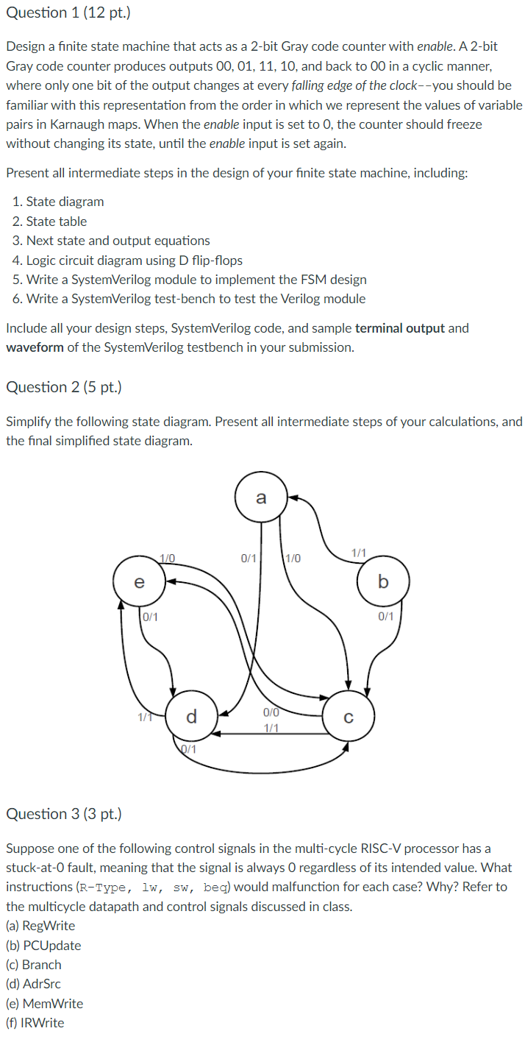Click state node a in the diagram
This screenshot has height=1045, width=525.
tap(261, 498)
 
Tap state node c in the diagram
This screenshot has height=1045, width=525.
tap(349, 714)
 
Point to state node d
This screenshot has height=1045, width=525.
tap(191, 715)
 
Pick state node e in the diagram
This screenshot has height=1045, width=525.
tap(139, 582)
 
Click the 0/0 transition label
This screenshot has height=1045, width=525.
tap(271, 712)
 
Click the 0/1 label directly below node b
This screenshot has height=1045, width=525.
tap(386, 617)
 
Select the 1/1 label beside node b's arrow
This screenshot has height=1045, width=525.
tap(359, 552)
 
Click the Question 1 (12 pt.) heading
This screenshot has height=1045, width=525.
tap(63, 13)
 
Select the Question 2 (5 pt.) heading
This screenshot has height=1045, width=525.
tap(63, 387)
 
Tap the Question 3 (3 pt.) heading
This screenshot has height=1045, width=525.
tap(63, 814)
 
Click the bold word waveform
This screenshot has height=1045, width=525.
tap(35, 347)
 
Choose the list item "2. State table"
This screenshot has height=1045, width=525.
tap(50, 222)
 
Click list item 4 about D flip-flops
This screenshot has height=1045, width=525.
tap(127, 261)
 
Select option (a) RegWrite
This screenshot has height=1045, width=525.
tap(40, 926)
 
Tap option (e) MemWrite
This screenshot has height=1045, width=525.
tap(44, 1004)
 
